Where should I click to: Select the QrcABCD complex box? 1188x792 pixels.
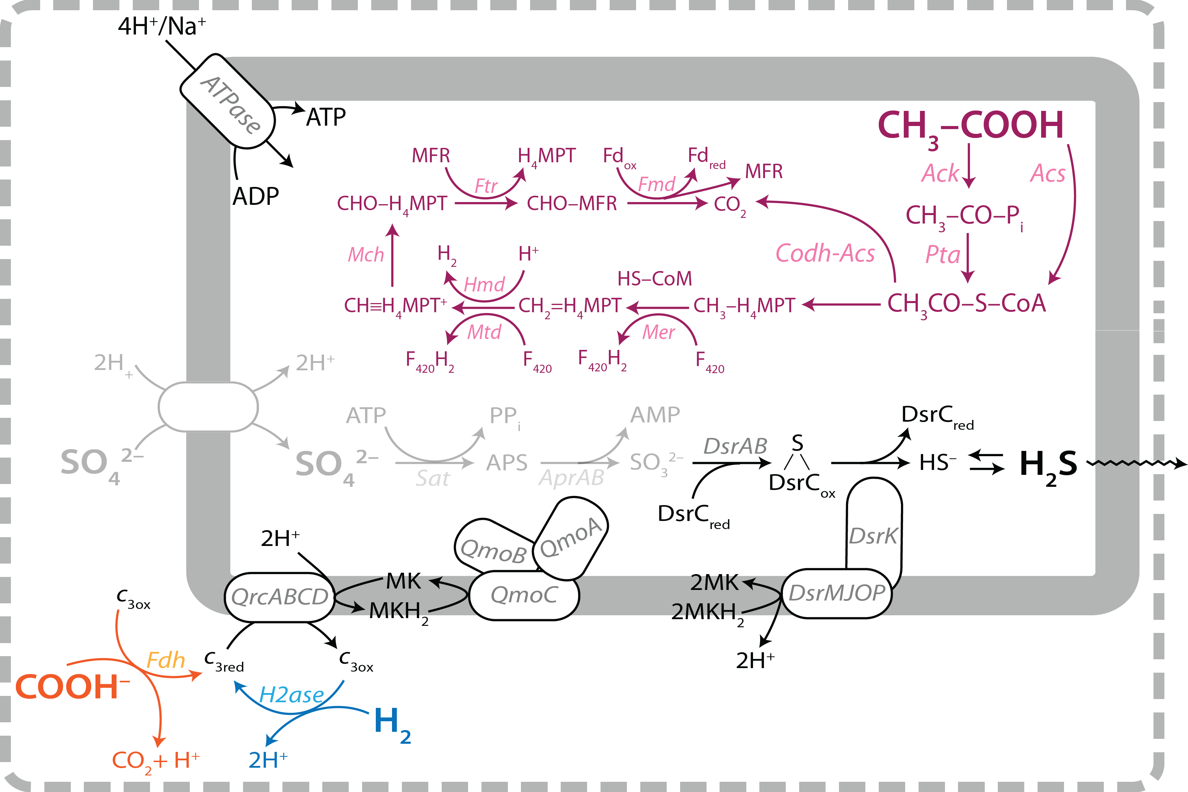pos(279,597)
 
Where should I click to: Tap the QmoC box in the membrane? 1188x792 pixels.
pos(524,595)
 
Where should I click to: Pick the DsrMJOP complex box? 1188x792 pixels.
pos(836,593)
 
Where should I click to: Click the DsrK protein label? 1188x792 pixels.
pos(873,536)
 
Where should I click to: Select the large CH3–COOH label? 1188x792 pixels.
pos(970,126)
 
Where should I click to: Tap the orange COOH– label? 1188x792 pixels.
pos(71,687)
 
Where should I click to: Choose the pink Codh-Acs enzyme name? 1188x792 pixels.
pos(825,253)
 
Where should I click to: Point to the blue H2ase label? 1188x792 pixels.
pos(292,696)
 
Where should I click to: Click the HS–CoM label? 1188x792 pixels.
pos(654,279)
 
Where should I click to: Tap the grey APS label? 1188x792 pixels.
pos(506,463)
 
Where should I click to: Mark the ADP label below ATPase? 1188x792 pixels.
pos(255,196)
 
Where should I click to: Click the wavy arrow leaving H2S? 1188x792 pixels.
pos(1134,463)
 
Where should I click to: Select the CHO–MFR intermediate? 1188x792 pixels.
pos(572,203)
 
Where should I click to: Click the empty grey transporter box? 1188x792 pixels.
pos(208,407)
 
